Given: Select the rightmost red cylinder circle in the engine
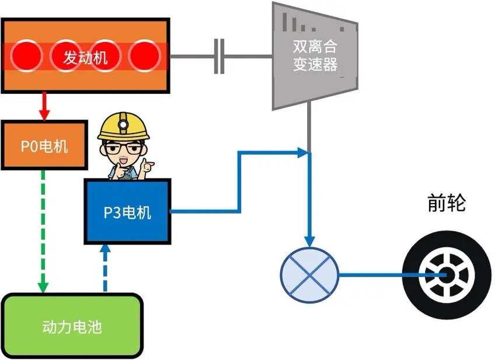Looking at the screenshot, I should tap(144, 57).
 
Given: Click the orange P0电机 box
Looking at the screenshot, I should tap(44, 146).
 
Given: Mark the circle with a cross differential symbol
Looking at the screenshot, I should tap(309, 274).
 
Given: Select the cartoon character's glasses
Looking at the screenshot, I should tap(123, 148).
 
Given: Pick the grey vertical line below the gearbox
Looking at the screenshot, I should tap(309, 128).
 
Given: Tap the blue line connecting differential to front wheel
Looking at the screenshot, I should tap(374, 274).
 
